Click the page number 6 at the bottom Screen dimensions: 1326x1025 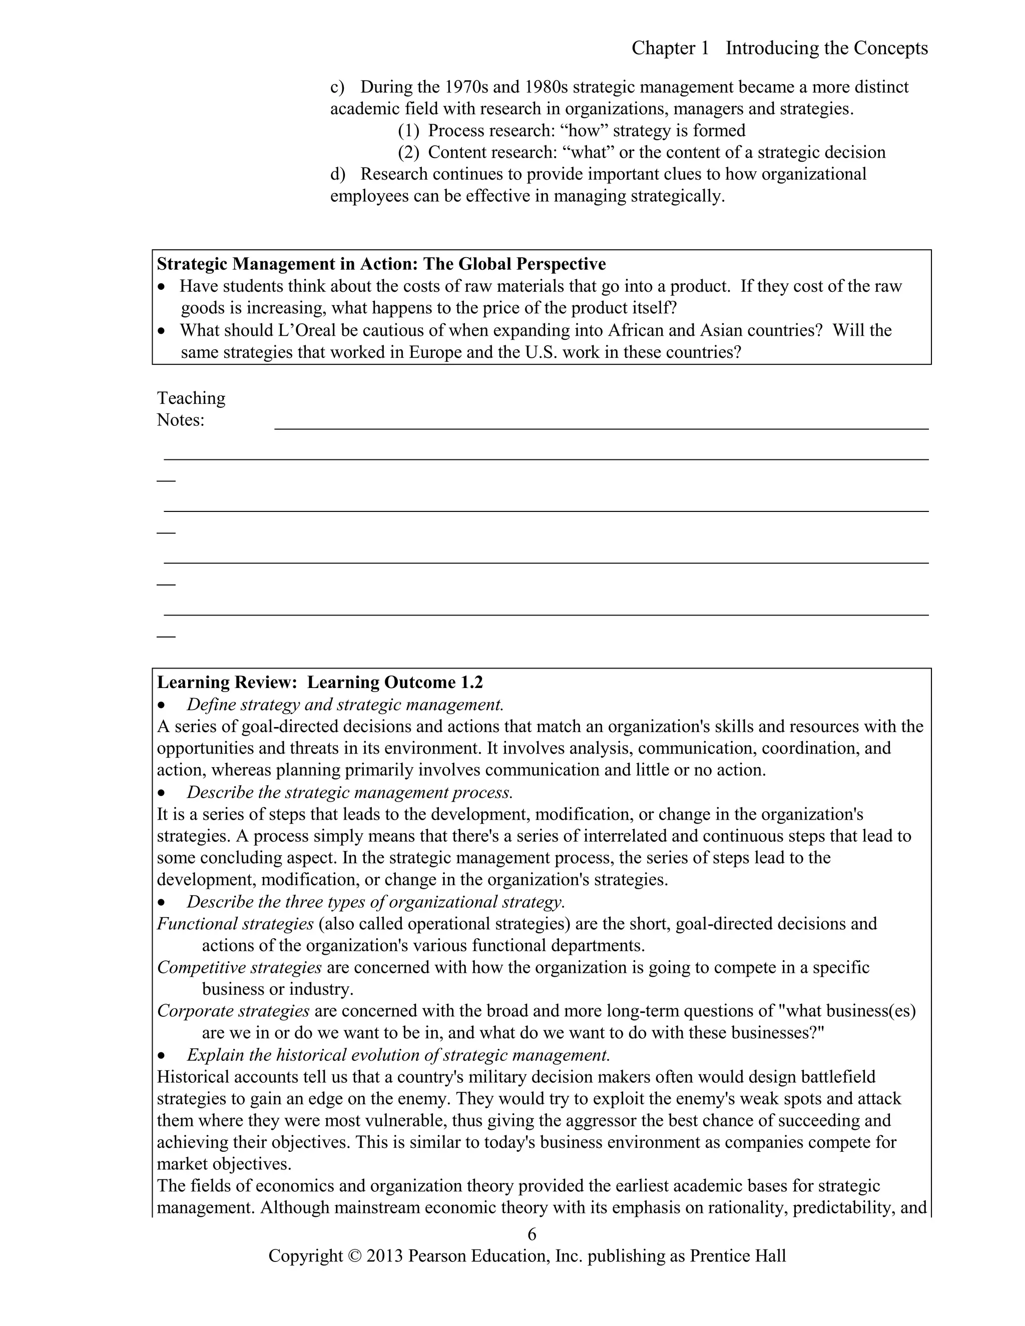pyautogui.click(x=532, y=1234)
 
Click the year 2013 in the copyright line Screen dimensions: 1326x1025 pyautogui.click(x=384, y=1255)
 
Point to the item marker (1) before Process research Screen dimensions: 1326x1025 pyautogui.click(x=409, y=131)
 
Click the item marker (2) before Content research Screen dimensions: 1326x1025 pyautogui.click(x=409, y=153)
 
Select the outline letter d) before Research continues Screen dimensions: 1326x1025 pyautogui.click(x=338, y=174)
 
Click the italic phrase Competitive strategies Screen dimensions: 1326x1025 pyautogui.click(x=239, y=967)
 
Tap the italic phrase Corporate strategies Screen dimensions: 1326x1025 pyautogui.click(x=233, y=1011)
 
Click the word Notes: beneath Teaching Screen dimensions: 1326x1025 pyautogui.click(x=180, y=420)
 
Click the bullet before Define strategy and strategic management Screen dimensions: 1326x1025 pyautogui.click(x=161, y=706)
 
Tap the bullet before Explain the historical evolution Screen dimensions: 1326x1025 pyautogui.click(x=161, y=1056)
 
